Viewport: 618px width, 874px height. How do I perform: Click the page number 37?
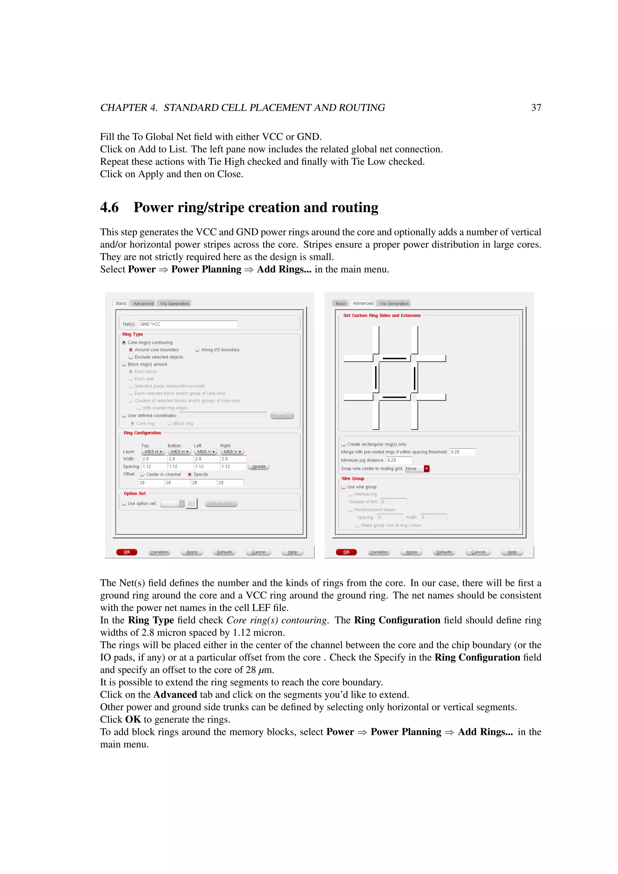(x=536, y=108)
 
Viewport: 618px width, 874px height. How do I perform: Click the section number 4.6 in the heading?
(x=109, y=207)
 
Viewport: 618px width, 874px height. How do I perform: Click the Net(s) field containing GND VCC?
(x=188, y=324)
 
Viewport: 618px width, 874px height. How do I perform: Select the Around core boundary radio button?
(x=131, y=350)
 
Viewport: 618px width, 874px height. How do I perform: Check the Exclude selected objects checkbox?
(x=131, y=357)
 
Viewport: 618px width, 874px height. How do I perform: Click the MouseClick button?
(x=282, y=416)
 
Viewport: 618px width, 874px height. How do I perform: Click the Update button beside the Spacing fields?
(x=259, y=467)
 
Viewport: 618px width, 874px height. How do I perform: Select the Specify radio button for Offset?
(x=190, y=475)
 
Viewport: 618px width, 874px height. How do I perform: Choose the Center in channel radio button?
(x=142, y=475)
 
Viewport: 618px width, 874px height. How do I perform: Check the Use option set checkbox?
(x=124, y=504)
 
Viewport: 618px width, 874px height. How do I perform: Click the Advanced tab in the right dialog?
(x=363, y=303)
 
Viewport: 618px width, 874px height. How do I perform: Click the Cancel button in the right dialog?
(x=478, y=552)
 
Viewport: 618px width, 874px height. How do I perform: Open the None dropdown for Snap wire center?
(x=427, y=469)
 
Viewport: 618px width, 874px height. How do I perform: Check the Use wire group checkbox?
(x=344, y=487)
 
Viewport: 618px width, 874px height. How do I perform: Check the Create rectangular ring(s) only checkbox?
(x=344, y=444)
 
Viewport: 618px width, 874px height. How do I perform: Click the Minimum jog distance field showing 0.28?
(x=399, y=460)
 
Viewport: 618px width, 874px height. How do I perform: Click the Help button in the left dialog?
(x=292, y=552)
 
